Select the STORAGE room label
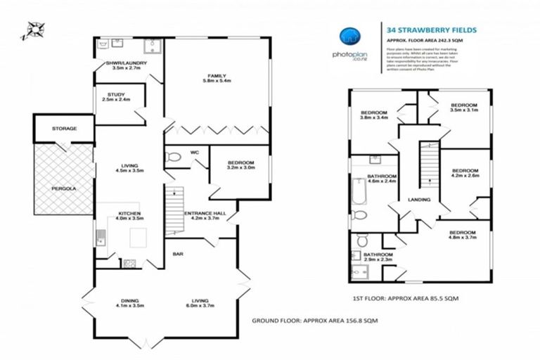pos(64,129)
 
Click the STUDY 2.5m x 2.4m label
pos(116,97)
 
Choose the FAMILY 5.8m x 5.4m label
pos(216,78)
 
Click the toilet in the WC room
pos(173,159)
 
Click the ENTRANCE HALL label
pos(204,215)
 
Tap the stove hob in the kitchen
pos(129,264)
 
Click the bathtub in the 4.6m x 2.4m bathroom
pos(357,190)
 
